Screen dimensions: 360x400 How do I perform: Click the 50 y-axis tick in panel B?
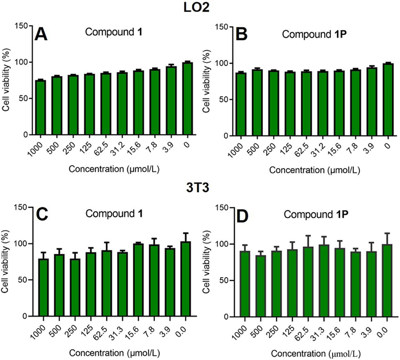213,99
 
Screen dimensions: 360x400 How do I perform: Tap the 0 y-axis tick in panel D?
215,317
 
